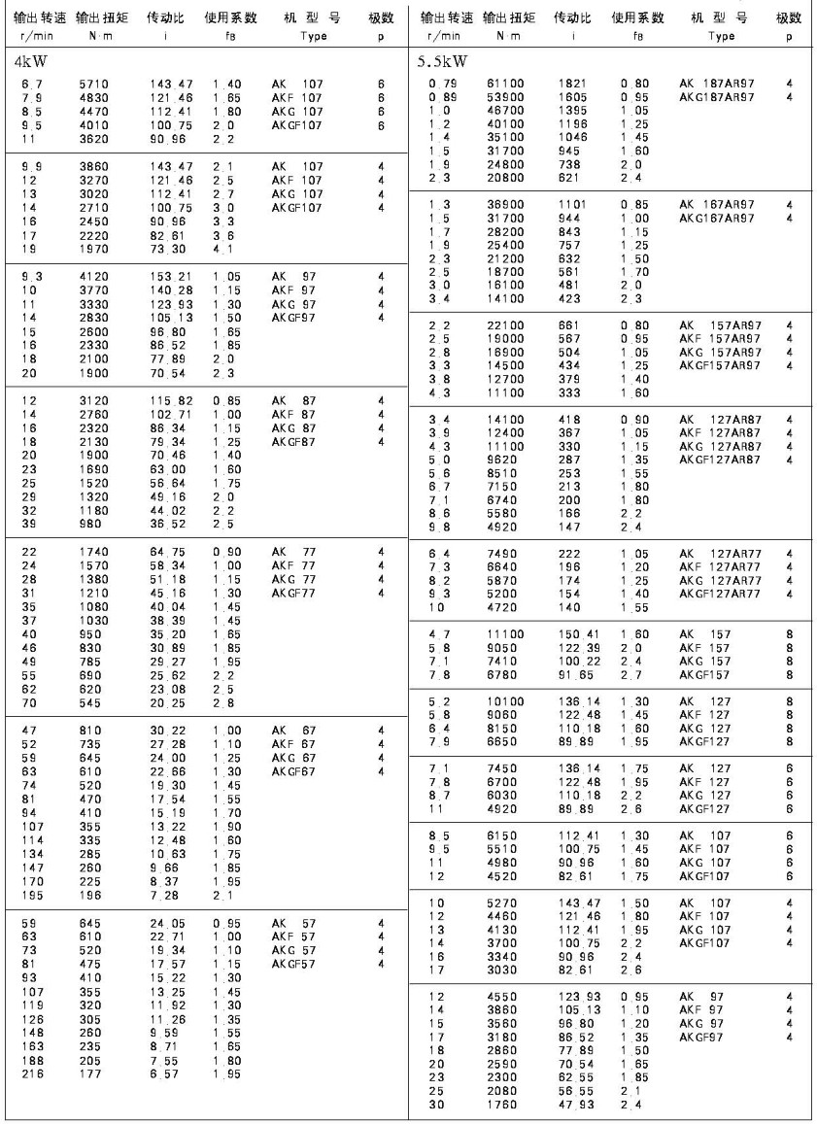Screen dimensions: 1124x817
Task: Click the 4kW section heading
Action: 31,63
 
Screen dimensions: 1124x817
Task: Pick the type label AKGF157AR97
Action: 720,364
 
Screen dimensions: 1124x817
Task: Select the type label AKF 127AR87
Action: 720,431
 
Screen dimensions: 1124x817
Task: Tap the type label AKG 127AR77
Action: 720,579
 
